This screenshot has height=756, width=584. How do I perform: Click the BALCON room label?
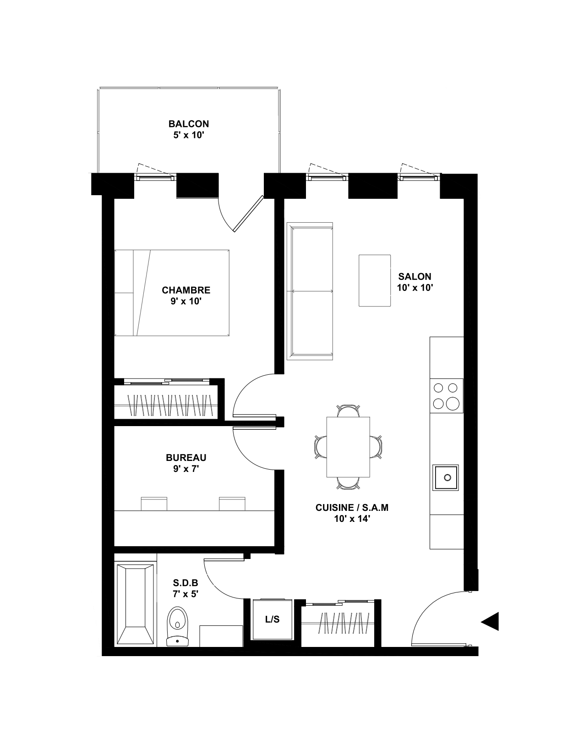point(189,124)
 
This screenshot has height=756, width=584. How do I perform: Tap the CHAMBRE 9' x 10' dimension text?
point(186,301)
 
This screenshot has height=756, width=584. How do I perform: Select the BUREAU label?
point(186,458)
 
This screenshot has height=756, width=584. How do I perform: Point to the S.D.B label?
point(186,583)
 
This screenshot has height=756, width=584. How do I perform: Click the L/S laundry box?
point(273,619)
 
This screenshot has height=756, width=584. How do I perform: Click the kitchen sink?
point(446,478)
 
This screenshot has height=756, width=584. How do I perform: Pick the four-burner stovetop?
point(447,396)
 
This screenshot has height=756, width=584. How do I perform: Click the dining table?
point(348,447)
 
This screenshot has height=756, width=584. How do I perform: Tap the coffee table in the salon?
point(375,280)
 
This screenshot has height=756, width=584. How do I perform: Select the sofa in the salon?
point(310,291)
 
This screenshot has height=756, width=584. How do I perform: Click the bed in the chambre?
point(172,293)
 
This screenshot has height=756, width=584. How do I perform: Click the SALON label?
point(415,277)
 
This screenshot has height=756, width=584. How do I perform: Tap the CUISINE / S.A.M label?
point(352,508)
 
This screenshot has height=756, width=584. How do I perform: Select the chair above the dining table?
point(348,411)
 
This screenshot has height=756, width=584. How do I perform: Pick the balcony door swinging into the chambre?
point(248,214)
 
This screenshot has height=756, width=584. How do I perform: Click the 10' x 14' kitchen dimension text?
point(352,519)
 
